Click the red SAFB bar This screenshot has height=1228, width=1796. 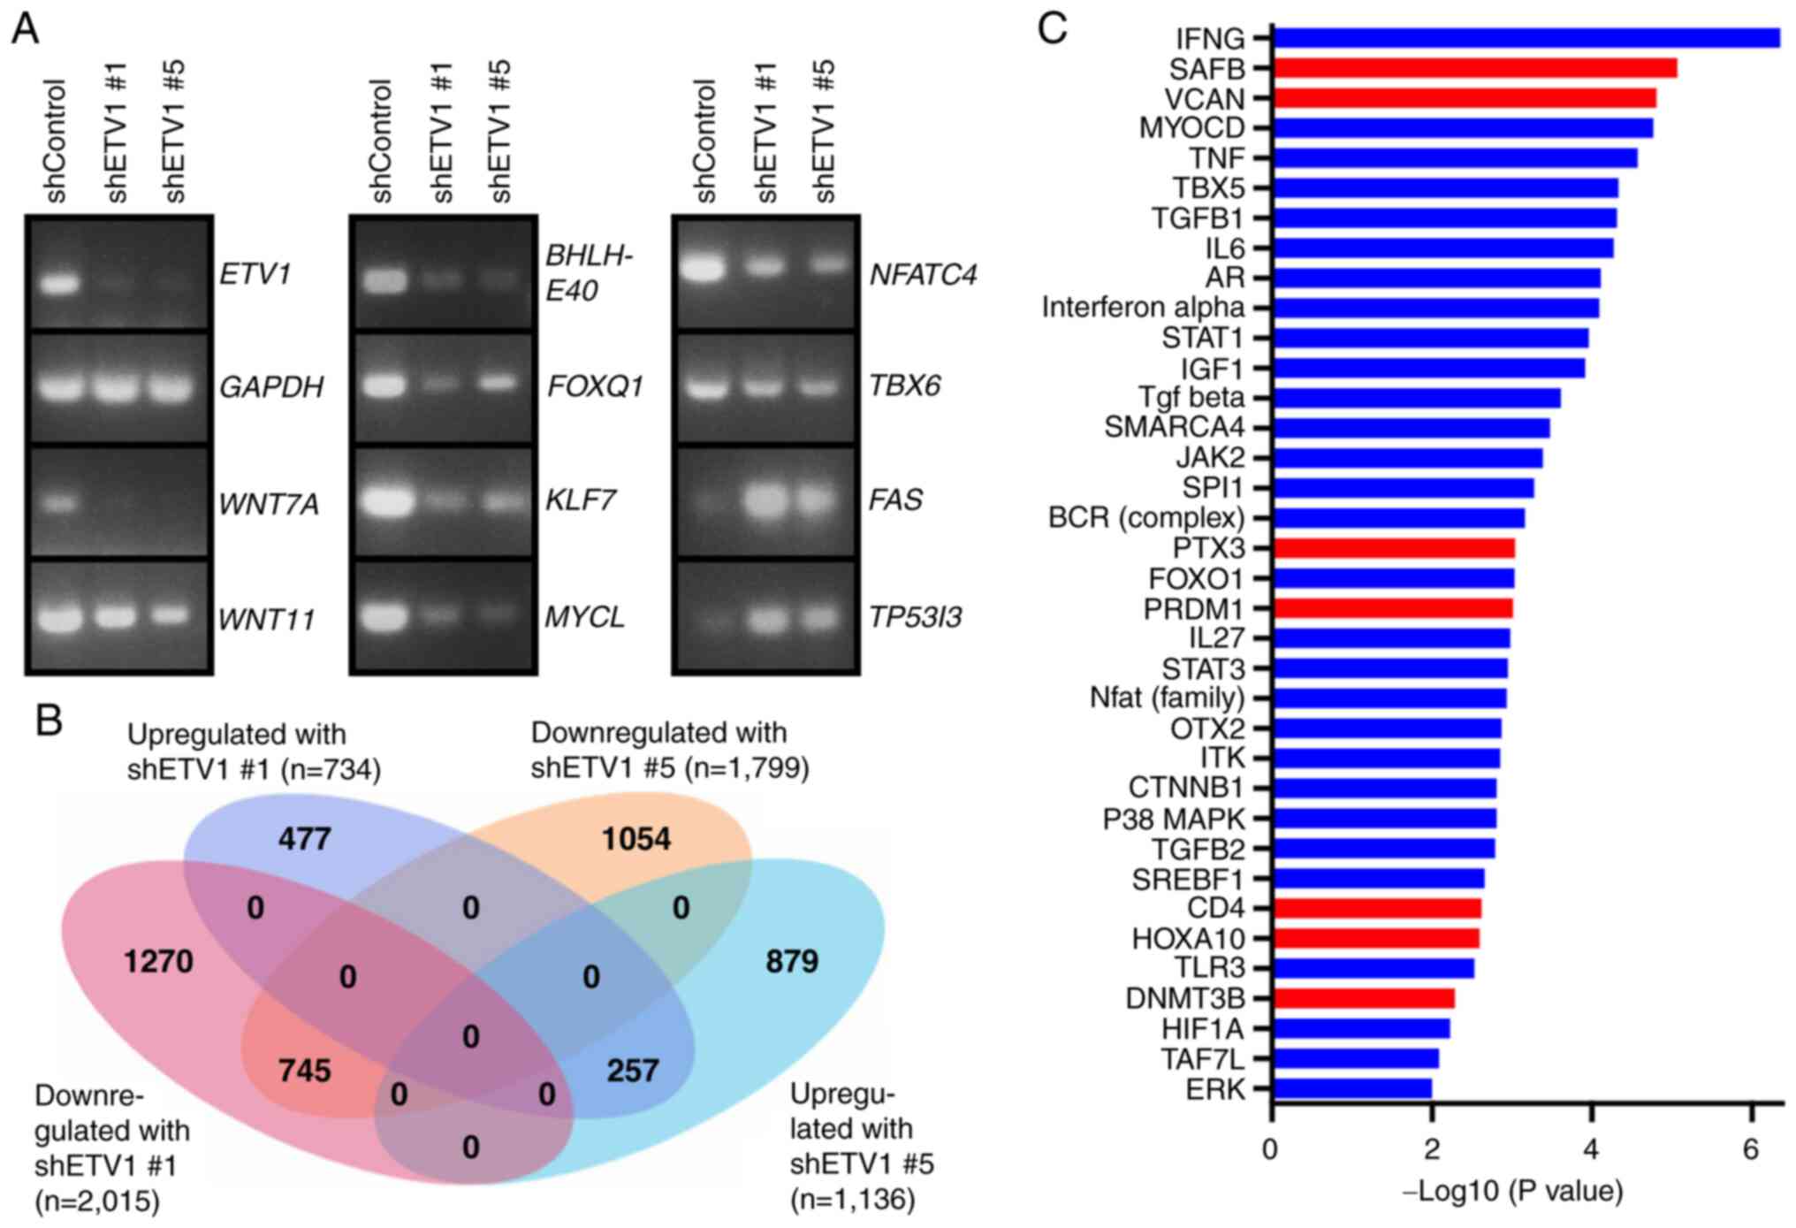click(1473, 68)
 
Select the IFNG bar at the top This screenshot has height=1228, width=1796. click(1525, 38)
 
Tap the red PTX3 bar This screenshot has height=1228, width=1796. click(1393, 548)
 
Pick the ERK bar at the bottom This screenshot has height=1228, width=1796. click(1351, 1088)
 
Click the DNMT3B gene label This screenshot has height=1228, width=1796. click(1184, 998)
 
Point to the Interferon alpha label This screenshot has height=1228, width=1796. click(1142, 308)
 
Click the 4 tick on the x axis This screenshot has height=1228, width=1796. click(1591, 1149)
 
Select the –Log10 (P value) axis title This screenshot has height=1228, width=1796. click(1512, 1192)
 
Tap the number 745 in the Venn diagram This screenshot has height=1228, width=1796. click(304, 1071)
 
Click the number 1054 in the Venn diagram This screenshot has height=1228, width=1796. click(635, 838)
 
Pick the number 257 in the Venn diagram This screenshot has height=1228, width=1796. click(632, 1071)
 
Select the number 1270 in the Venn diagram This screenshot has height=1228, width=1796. click(158, 961)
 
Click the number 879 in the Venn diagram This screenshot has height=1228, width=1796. click(791, 961)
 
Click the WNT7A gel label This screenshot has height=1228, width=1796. click(268, 505)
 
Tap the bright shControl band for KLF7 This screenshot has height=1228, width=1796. click(384, 502)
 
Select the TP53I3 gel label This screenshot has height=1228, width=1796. click(915, 617)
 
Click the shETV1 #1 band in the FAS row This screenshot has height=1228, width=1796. click(765, 501)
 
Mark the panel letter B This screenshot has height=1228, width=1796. click(49, 721)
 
